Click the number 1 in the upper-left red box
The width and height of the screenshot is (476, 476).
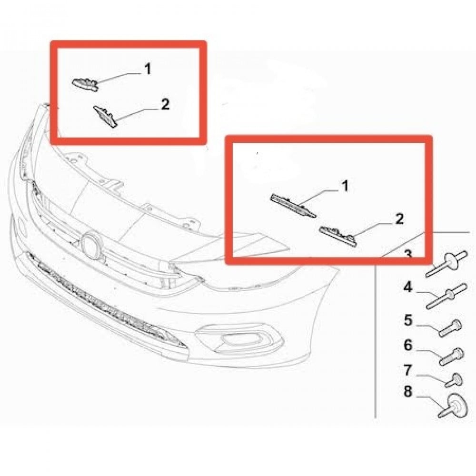point(148,69)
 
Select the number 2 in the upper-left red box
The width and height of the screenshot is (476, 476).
point(165,104)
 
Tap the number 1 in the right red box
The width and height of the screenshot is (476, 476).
point(345,186)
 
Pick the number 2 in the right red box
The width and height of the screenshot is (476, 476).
point(399,219)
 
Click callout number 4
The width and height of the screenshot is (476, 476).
point(408,287)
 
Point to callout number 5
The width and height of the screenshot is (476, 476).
point(408,320)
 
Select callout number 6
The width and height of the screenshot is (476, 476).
point(408,345)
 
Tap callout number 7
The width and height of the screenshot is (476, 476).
point(408,370)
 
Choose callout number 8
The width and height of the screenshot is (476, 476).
point(408,391)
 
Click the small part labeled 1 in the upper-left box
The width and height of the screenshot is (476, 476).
point(85,83)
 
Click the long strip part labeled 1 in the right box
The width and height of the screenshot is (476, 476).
point(293,206)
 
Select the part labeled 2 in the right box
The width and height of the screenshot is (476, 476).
point(338,236)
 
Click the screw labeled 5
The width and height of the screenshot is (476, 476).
point(450,328)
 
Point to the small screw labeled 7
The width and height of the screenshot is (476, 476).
point(454,380)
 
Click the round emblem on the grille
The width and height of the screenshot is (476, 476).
point(93,245)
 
